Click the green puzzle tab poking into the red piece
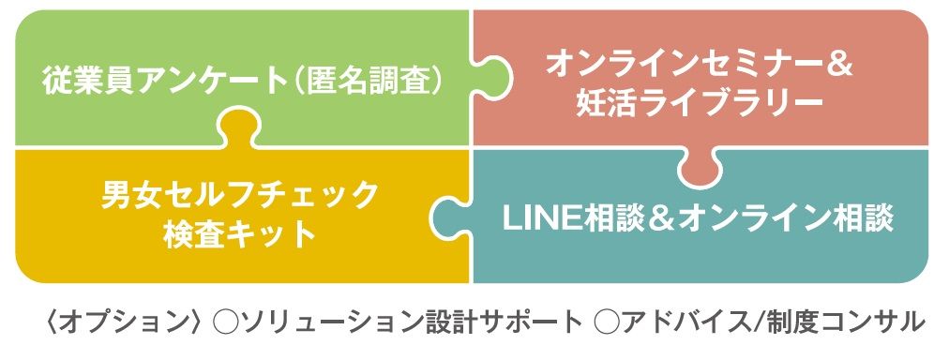point(492,78)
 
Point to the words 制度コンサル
point(840,322)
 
